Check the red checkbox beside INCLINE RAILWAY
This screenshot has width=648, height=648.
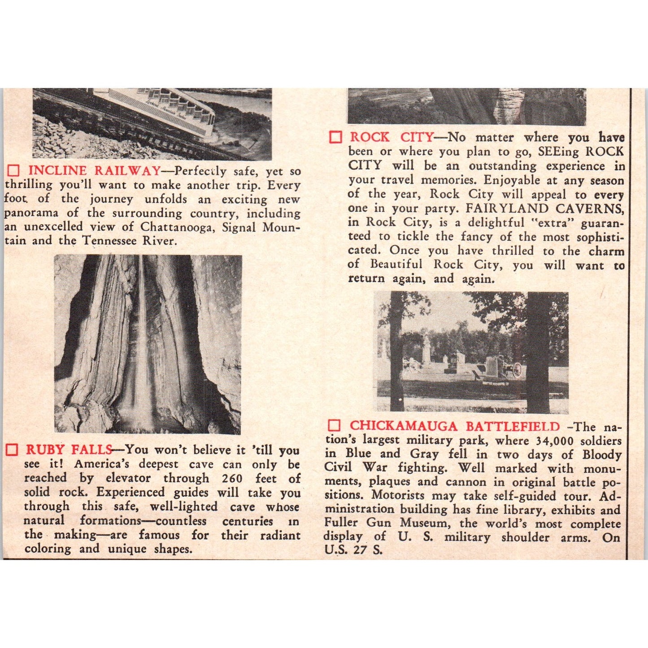(x=14, y=171)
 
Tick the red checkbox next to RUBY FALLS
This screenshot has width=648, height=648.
(x=12, y=450)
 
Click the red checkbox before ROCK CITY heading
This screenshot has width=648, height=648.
(x=335, y=137)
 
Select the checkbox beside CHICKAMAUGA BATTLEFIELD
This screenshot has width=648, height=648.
(x=334, y=426)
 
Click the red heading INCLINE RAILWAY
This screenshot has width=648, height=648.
(x=94, y=171)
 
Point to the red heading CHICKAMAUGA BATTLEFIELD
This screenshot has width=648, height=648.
(x=455, y=426)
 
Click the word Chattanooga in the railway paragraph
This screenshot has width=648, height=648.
(x=174, y=227)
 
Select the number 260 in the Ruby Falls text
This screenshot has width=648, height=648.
(x=232, y=478)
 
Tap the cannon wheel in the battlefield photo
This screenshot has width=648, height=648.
(x=516, y=370)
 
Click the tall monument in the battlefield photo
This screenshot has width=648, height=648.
(x=426, y=348)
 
